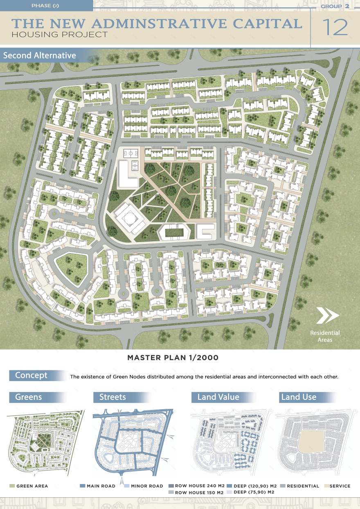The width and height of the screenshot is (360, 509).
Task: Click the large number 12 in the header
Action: (335, 27)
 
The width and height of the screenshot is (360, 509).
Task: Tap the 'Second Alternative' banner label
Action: (40, 56)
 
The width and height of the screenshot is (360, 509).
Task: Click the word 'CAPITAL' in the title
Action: (268, 23)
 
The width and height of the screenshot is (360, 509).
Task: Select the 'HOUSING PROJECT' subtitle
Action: (60, 35)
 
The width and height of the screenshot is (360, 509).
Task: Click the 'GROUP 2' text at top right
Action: (335, 6)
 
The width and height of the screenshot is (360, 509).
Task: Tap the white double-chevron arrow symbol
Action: (328, 315)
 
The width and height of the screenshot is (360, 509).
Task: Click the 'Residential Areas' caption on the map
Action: (325, 336)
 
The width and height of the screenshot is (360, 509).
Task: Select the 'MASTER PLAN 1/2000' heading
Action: (173, 358)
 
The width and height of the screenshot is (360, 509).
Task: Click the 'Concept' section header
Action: (32, 375)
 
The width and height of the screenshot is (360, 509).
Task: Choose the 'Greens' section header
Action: (29, 397)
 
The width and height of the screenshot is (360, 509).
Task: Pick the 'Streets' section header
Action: (112, 397)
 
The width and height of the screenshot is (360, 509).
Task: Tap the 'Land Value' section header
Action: (218, 397)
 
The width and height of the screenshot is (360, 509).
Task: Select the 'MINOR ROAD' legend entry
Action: (147, 486)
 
